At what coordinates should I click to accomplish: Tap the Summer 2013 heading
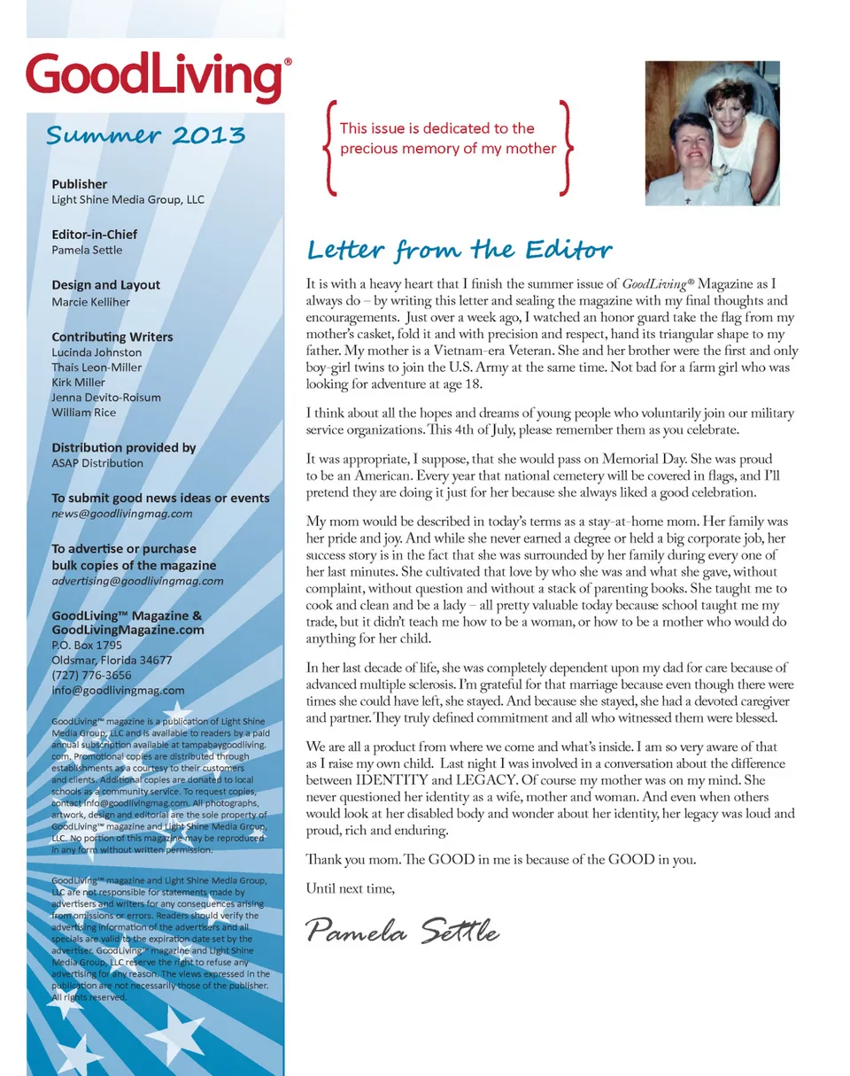click(x=145, y=135)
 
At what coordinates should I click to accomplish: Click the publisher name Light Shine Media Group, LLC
click(x=127, y=200)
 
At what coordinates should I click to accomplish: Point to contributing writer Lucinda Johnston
click(x=97, y=352)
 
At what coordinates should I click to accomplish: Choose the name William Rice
click(x=84, y=413)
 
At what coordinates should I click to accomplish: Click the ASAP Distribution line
click(x=97, y=463)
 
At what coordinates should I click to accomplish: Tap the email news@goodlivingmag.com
click(x=122, y=514)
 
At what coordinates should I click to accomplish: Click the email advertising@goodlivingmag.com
click(x=137, y=581)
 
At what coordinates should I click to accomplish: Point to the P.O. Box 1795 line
click(x=87, y=646)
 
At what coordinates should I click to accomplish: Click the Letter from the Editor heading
click(x=459, y=250)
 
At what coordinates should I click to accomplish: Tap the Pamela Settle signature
click(x=403, y=931)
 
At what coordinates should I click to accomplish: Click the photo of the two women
click(x=712, y=133)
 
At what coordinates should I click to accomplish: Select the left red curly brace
click(x=329, y=148)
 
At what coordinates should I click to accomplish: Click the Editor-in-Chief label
click(x=95, y=235)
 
